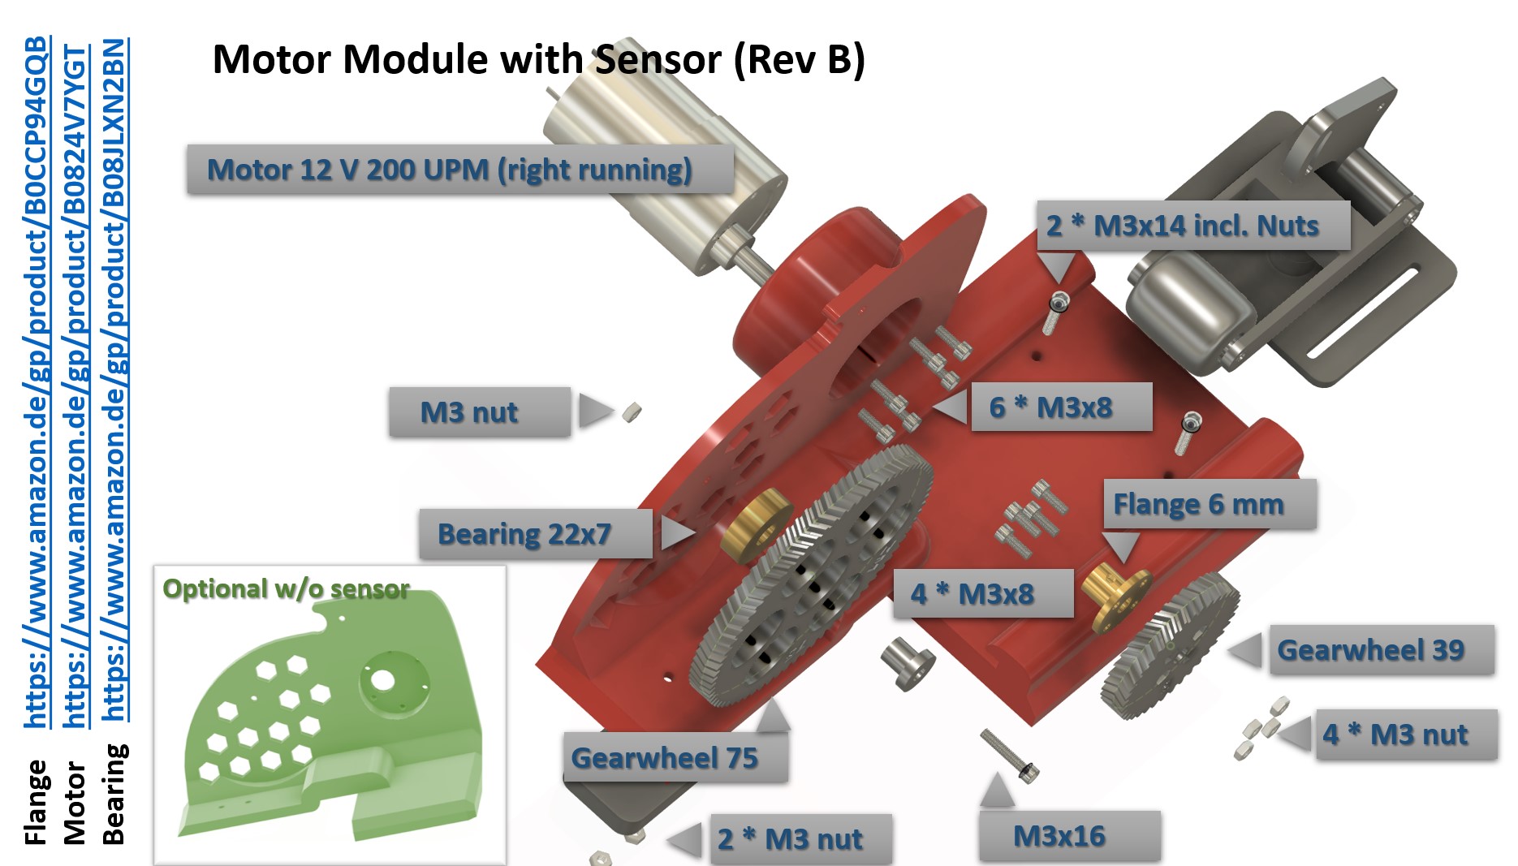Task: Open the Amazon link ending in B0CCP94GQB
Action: [36, 381]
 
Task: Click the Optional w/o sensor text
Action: [286, 588]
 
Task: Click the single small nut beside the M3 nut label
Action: [632, 412]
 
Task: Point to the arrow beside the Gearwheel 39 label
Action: [1245, 650]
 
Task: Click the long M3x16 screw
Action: [1010, 756]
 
